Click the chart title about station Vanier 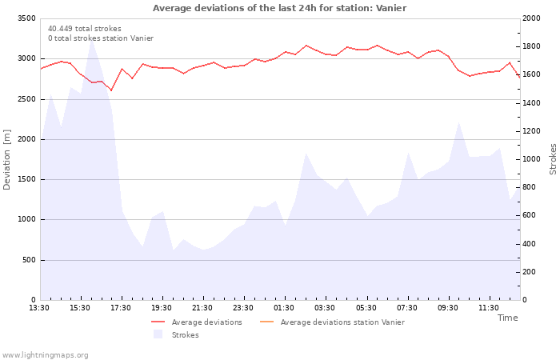tap(279, 8)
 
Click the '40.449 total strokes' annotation tap(85, 29)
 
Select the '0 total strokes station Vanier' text tap(100, 38)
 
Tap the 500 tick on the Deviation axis tap(29, 260)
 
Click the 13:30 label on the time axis tap(39, 308)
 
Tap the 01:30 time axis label tap(284, 308)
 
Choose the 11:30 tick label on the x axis tap(489, 308)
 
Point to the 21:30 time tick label tap(202, 308)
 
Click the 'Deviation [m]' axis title tap(7, 159)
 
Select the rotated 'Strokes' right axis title tap(553, 159)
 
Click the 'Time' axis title tap(507, 318)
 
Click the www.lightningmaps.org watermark tap(45, 355)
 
